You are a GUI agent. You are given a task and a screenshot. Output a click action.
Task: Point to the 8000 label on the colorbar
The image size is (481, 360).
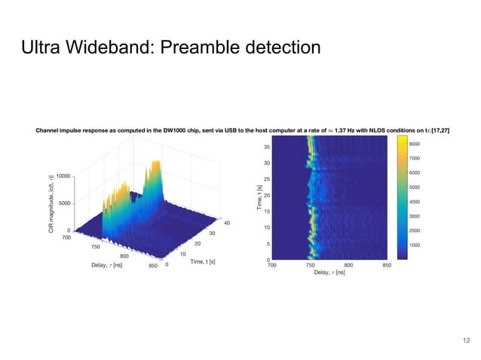click(x=415, y=143)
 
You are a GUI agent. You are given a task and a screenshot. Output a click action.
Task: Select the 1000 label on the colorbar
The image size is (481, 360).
click(x=415, y=246)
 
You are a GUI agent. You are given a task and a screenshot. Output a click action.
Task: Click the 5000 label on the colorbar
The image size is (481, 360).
click(x=415, y=187)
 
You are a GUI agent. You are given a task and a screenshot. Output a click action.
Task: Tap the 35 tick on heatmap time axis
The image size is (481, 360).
click(x=267, y=147)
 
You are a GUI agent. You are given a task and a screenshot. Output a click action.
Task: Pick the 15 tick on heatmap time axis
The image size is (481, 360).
click(x=267, y=212)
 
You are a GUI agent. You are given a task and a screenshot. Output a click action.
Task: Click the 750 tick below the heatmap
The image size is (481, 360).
click(x=310, y=265)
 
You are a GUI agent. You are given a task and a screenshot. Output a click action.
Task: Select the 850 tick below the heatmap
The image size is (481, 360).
click(x=387, y=265)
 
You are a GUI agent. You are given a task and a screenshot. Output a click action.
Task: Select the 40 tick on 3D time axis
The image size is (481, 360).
click(x=226, y=222)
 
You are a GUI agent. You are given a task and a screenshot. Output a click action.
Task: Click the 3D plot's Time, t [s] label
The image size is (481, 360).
click(x=201, y=261)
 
